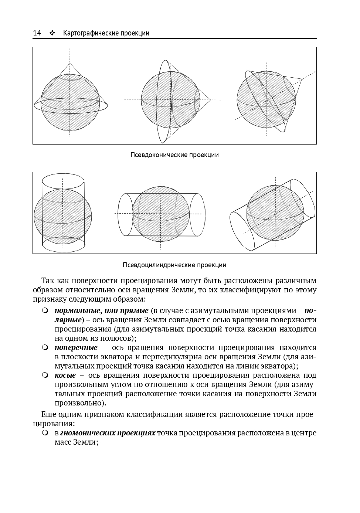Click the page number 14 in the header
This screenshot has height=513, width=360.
coord(37,33)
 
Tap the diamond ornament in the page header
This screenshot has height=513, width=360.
coord(52,33)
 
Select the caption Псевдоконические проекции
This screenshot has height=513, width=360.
coord(174,155)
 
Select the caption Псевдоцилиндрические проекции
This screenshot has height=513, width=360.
coord(174,265)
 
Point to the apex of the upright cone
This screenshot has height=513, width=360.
coord(69,64)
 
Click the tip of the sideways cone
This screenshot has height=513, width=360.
coord(210,99)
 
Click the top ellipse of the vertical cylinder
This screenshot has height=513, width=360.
coord(63,181)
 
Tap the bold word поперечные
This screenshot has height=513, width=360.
coord(76,347)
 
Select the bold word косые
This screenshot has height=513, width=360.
coord(65,375)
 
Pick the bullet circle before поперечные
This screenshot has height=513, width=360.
coord(45,347)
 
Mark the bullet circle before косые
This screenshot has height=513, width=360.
coord(45,375)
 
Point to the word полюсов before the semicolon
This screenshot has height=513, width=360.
coord(118,338)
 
